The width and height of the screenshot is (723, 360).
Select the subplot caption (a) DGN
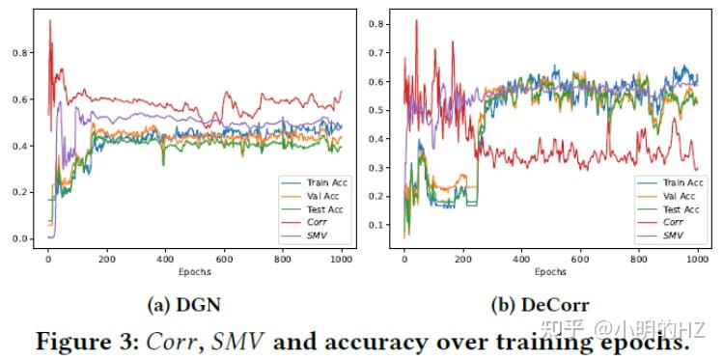point(182,305)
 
